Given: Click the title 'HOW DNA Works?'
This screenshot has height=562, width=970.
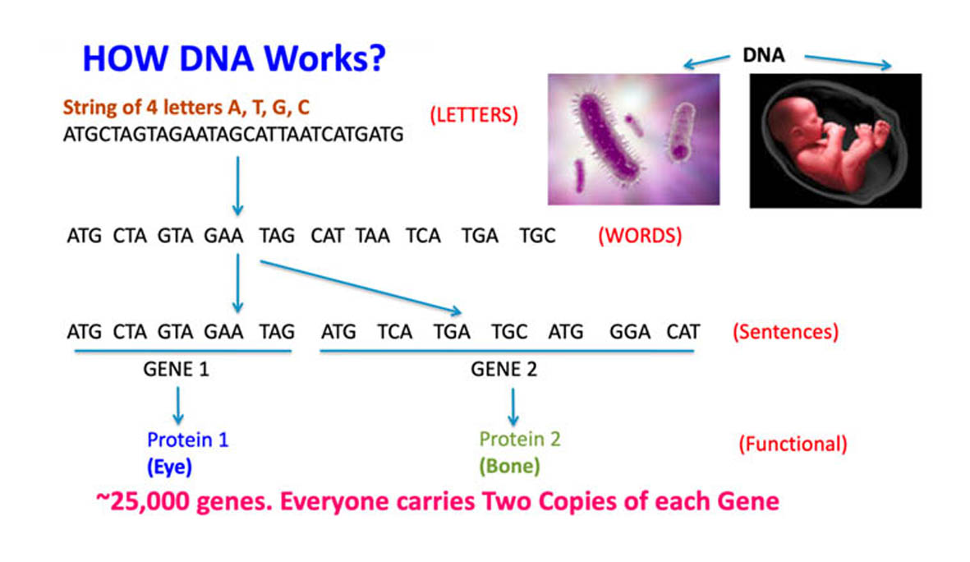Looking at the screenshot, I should pos(235,59).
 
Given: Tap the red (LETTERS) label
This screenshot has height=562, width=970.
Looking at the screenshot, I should pos(474,115).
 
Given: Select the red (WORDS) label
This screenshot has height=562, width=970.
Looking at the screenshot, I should pos(640,237).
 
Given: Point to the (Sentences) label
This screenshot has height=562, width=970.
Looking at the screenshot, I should pos(784,333).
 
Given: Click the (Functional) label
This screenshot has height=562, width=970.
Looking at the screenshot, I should pos(792,445).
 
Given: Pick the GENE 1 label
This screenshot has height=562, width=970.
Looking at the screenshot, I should pos(176,370).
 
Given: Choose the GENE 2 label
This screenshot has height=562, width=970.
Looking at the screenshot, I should pos(503,370).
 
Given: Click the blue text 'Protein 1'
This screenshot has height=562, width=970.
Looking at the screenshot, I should pos(188,440).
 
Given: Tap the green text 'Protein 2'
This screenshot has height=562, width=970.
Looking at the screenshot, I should pos(519,440).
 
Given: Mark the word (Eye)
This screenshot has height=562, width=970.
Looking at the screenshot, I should pos(169,467).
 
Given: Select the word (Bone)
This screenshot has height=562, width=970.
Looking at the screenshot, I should pos(509,467).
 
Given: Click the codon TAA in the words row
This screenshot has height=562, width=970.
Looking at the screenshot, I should pos(372,237).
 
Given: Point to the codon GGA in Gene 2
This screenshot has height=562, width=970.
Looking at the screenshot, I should pos(629,333).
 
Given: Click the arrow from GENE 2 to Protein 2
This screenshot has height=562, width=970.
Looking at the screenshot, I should pos(513,406).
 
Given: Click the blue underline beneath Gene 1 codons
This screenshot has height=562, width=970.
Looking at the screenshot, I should pos(182,352).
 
